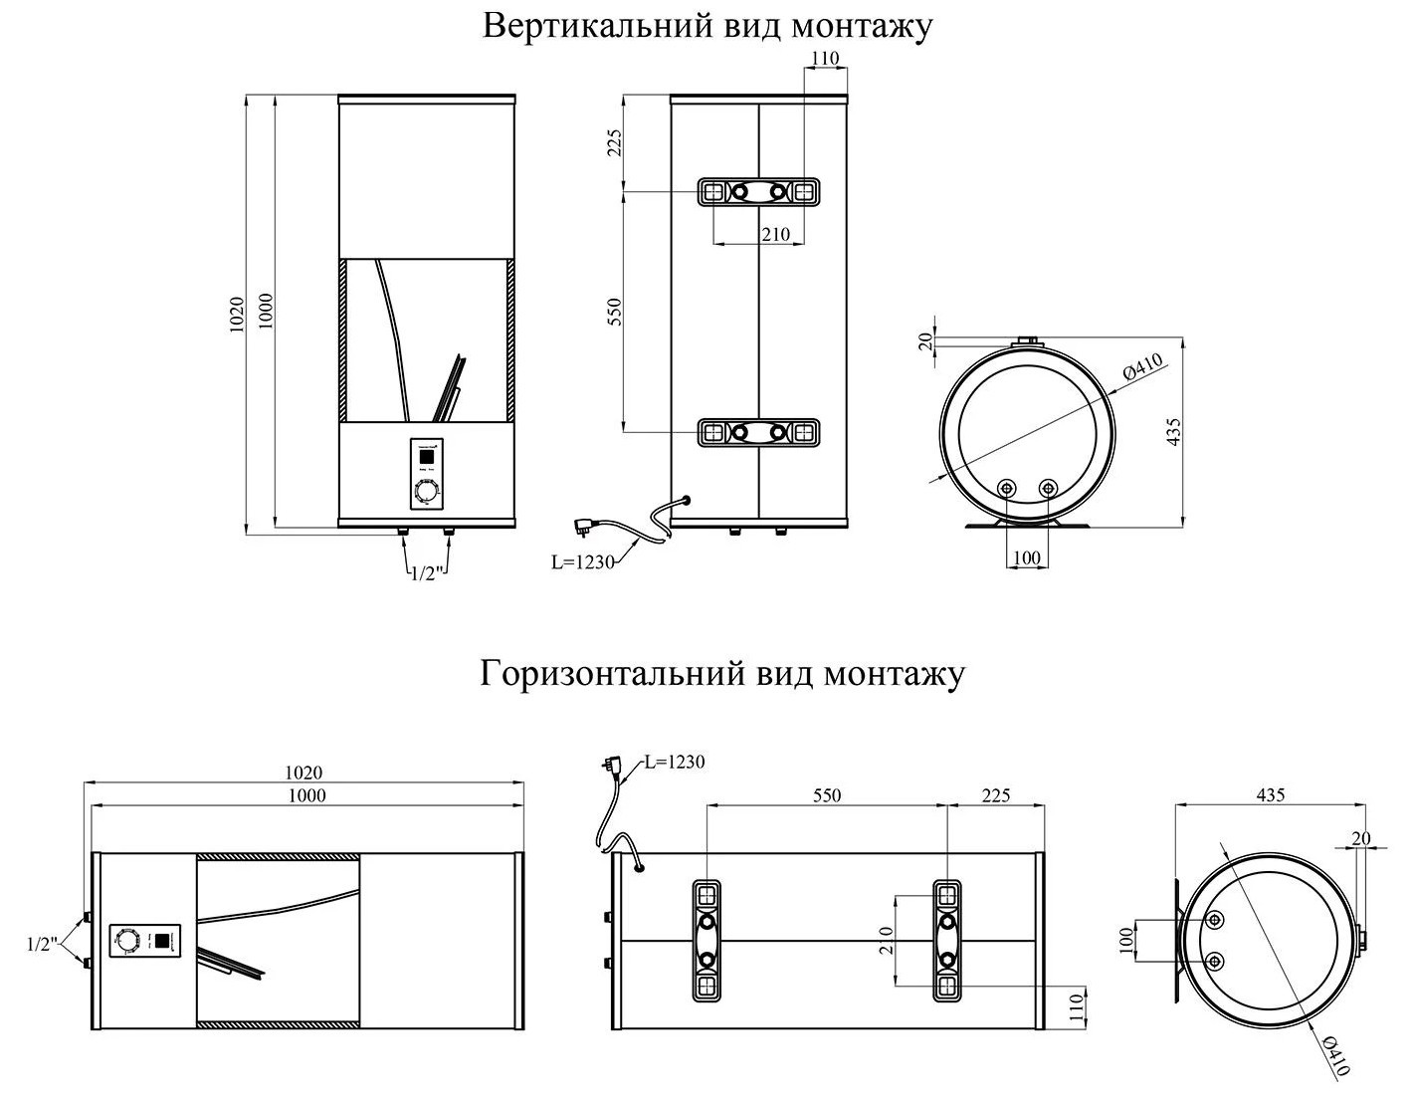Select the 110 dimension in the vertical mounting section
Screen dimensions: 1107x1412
(825, 59)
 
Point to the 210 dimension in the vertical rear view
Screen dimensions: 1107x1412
(774, 235)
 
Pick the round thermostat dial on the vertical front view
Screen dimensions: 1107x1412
(427, 493)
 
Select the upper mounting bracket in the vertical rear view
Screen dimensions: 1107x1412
(759, 191)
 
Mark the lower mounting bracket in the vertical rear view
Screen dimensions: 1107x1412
(759, 432)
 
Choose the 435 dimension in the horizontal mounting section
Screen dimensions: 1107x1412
(1270, 795)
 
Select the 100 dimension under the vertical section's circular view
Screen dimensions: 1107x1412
(1026, 558)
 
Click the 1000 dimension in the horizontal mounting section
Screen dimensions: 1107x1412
(306, 795)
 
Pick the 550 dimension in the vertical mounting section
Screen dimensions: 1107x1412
(613, 312)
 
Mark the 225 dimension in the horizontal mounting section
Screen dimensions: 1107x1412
(995, 795)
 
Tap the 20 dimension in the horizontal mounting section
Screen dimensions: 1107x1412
(1361, 838)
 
